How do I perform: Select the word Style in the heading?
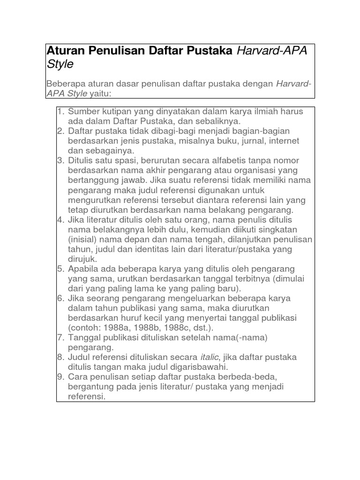(x=60, y=64)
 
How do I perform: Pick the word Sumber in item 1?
(x=82, y=112)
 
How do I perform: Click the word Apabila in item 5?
(x=84, y=269)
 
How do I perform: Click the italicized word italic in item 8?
(x=209, y=357)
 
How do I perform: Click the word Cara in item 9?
(x=77, y=377)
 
